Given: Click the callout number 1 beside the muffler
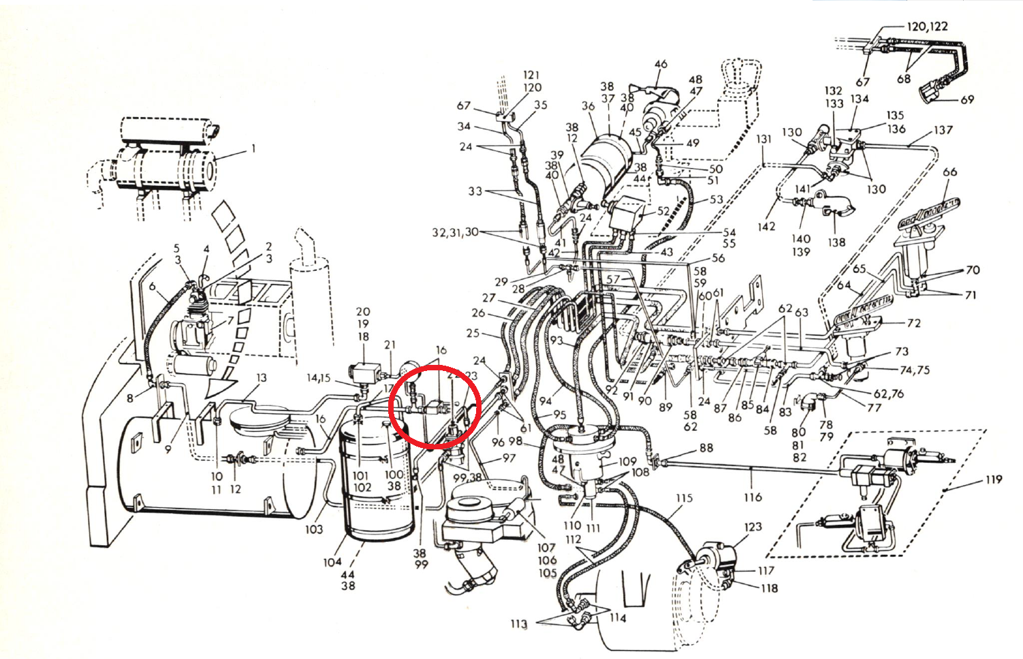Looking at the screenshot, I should pos(253,148).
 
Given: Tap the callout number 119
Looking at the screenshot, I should pos(994,479).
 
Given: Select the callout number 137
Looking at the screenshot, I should pos(943,129).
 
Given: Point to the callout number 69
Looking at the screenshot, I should pos(967,99).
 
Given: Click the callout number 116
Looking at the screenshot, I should pos(753,497).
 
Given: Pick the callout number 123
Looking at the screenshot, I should pos(753,526).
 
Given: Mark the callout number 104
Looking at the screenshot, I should pos(332,562).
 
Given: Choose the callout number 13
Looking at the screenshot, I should pos(262,378).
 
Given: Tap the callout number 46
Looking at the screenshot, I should pos(661,64).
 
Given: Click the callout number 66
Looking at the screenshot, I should pos(949,172).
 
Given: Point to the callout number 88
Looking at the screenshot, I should pos(706,448).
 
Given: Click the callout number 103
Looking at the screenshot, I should pos(313,529).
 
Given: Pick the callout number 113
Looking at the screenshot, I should pos(519,624).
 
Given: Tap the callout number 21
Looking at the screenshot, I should pos(390,344).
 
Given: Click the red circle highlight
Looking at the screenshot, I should pos(435,406).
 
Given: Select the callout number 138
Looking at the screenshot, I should pos(836,242).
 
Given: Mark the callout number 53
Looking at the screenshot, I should pos(716,199).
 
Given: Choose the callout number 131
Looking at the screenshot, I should pos(764,139).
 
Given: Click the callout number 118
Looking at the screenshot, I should pos(770,588).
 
